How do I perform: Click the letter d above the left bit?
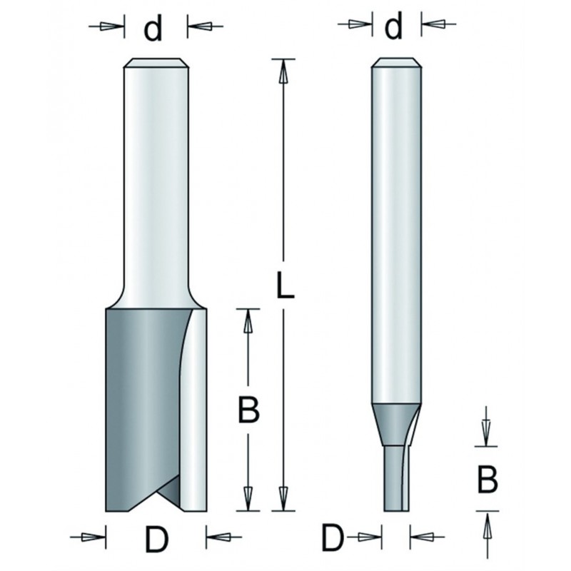(153, 29)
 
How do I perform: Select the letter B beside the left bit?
(248, 410)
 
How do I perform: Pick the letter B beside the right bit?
(487, 480)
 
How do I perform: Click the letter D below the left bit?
(156, 540)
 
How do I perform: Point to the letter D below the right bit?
(333, 538)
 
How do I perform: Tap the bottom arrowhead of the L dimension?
(283, 498)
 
